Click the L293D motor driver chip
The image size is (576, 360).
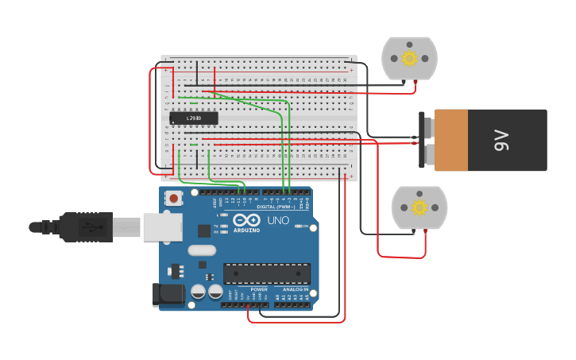[x=193, y=118]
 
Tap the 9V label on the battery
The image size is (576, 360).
[x=501, y=141]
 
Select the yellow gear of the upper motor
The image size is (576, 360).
[x=409, y=58]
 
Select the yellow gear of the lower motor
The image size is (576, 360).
[x=419, y=207]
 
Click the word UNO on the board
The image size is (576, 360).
[x=278, y=220]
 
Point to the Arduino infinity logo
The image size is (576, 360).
[x=246, y=220]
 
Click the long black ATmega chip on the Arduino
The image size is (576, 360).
[x=267, y=273]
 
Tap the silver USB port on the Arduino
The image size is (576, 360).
[x=163, y=226]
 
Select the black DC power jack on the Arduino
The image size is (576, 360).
[x=168, y=295]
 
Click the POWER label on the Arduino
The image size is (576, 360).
[x=259, y=289]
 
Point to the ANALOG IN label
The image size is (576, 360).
[x=296, y=289]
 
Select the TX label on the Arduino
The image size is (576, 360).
[x=216, y=226]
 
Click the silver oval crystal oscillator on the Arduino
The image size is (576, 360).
[x=202, y=250]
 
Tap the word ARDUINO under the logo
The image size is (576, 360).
[x=246, y=230]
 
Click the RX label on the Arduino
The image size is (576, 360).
[x=216, y=232]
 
